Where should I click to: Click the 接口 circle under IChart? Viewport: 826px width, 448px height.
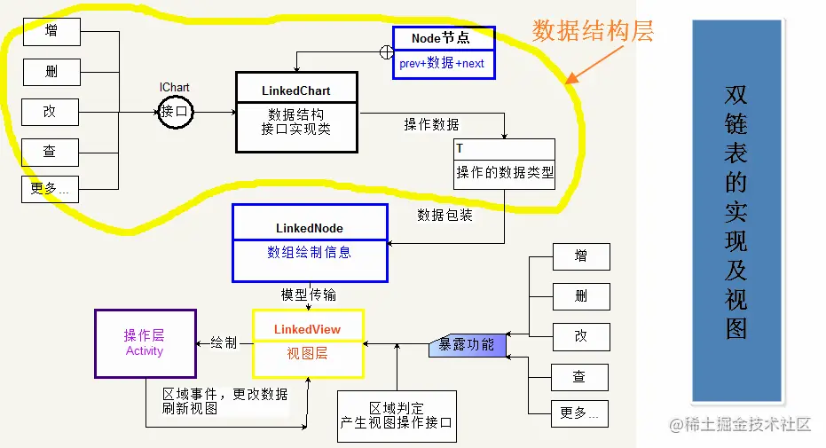pos(175,112)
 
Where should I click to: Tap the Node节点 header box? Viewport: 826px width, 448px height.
pos(442,38)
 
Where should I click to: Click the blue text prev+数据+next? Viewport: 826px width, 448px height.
pos(442,64)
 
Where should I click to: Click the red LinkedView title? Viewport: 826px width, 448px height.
pos(307,329)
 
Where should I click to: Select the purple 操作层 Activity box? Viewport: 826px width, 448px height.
pos(145,343)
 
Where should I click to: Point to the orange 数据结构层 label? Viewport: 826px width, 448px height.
pos(593,32)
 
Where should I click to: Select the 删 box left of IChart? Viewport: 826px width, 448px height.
pos(51,71)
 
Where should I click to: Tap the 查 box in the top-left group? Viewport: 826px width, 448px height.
pos(51,152)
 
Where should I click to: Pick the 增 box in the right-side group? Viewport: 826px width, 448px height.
pos(580,256)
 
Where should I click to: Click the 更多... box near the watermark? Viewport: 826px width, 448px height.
pos(579,413)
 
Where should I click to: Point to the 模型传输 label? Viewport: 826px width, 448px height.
pos(308,295)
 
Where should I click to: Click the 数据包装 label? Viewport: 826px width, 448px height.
pos(444,215)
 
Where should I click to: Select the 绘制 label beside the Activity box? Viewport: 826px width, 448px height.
pos(224,342)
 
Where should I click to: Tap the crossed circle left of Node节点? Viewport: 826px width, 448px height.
pos(387,52)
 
